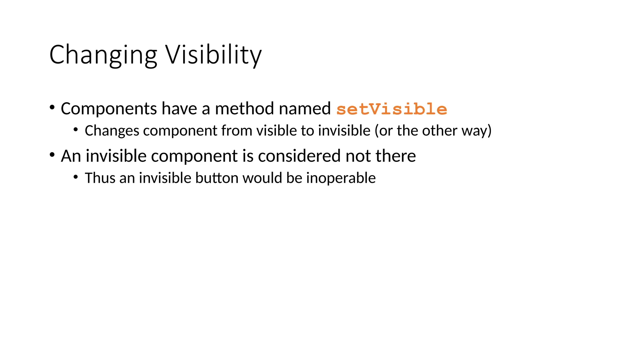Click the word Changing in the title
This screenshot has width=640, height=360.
(x=103, y=55)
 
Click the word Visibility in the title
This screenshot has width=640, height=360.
(x=213, y=55)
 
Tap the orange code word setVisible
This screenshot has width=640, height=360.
(x=392, y=109)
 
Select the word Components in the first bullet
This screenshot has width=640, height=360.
(x=109, y=109)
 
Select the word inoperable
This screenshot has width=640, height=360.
(x=341, y=178)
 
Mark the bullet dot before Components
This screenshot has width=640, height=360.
(x=52, y=107)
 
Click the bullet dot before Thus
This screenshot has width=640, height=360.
(x=76, y=177)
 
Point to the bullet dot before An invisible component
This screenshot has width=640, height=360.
(x=52, y=155)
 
